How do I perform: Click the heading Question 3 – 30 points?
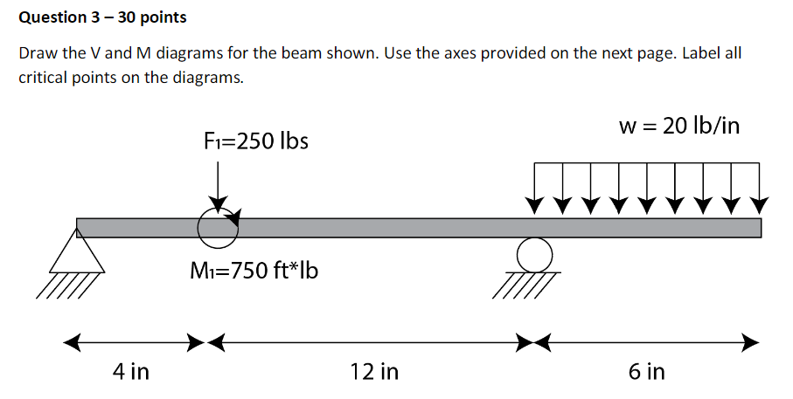[x=102, y=17]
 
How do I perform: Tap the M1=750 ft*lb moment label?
[x=254, y=272]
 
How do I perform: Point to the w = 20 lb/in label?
[x=679, y=126]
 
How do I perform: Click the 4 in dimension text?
[x=131, y=372]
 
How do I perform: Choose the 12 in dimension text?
[x=374, y=372]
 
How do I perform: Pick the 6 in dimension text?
[x=646, y=372]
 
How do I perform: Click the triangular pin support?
[x=76, y=256]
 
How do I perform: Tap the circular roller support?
[x=534, y=255]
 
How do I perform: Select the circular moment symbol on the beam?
[x=217, y=229]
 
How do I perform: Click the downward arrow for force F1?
[x=218, y=188]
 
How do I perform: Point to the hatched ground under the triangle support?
[x=66, y=285]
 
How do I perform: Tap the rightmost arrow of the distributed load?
[x=760, y=189]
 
